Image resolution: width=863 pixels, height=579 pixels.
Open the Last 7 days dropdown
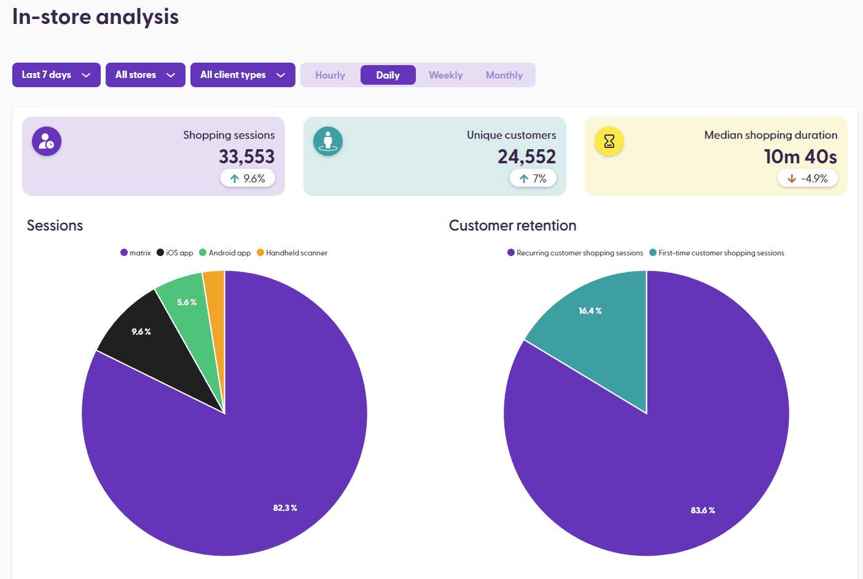[x=56, y=75]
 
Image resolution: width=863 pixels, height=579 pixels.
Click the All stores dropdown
[x=145, y=75]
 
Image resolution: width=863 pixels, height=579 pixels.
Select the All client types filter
[x=243, y=75]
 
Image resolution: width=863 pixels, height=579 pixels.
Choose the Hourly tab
[x=330, y=75]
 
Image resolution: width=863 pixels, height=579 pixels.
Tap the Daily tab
[x=388, y=75]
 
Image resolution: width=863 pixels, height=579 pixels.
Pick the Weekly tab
[x=445, y=75]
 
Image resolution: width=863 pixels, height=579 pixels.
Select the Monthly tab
[x=504, y=75]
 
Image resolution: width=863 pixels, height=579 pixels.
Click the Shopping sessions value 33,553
[x=246, y=157]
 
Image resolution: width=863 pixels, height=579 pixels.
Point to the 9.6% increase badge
[x=248, y=179]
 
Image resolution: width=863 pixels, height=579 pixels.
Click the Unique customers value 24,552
[x=526, y=157]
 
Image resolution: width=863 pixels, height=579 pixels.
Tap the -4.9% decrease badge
[x=807, y=179]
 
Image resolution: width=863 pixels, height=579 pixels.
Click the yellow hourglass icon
[x=609, y=141]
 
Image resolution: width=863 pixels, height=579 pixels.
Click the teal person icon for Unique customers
[x=328, y=141]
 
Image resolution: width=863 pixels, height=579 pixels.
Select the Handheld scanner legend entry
[x=292, y=253]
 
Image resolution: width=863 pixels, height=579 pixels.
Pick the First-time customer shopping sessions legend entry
[x=717, y=253]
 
